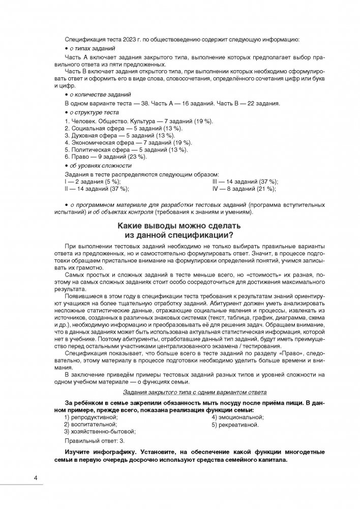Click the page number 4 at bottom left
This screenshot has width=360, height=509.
pos(35,478)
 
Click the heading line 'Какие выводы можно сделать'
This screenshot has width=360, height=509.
pos(179,225)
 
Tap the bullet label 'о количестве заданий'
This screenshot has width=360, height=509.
pos(99,95)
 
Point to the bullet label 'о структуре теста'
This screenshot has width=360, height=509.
pos(94,112)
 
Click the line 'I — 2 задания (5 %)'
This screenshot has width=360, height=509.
pos(93,182)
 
